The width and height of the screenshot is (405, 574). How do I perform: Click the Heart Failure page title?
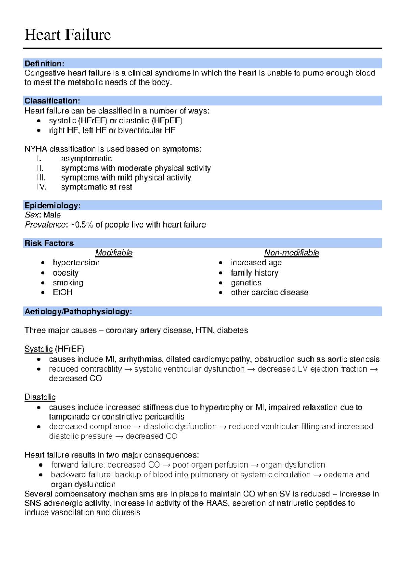tap(67, 35)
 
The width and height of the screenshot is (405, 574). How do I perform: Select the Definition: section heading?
tap(44, 64)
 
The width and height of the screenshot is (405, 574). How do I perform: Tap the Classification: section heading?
tap(52, 101)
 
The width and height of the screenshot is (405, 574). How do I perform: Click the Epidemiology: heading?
tap(52, 206)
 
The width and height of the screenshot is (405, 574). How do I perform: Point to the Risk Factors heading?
tap(49, 243)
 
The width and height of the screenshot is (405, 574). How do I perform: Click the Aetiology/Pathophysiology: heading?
tap(78, 311)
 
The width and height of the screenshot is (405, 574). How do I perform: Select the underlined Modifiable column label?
tap(113, 253)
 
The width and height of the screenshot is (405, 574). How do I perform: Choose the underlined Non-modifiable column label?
tap(291, 253)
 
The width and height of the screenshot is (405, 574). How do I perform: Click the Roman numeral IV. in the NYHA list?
tap(42, 187)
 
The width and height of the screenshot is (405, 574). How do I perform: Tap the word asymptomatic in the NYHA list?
tap(86, 159)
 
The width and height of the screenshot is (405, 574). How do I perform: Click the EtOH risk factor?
tap(62, 292)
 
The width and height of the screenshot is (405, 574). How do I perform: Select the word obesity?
tap(65, 273)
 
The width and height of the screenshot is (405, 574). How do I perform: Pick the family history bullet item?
tap(254, 273)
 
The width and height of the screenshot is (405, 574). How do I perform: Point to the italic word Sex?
tap(31, 215)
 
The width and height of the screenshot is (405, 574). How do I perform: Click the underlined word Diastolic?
tap(40, 397)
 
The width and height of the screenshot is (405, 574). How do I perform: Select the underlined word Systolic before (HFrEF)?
tap(38, 349)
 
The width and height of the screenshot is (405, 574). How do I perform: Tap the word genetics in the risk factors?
tap(246, 283)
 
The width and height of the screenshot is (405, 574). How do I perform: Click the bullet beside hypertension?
tap(43, 263)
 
